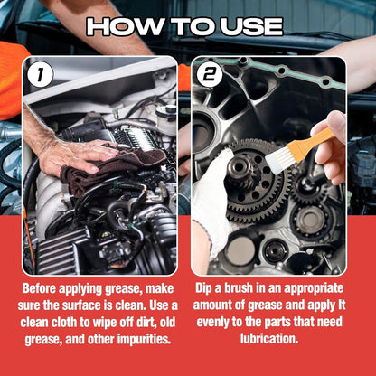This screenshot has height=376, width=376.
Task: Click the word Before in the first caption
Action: pyautogui.click(x=46, y=287)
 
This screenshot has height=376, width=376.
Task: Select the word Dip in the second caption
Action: pyautogui.click(x=208, y=287)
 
